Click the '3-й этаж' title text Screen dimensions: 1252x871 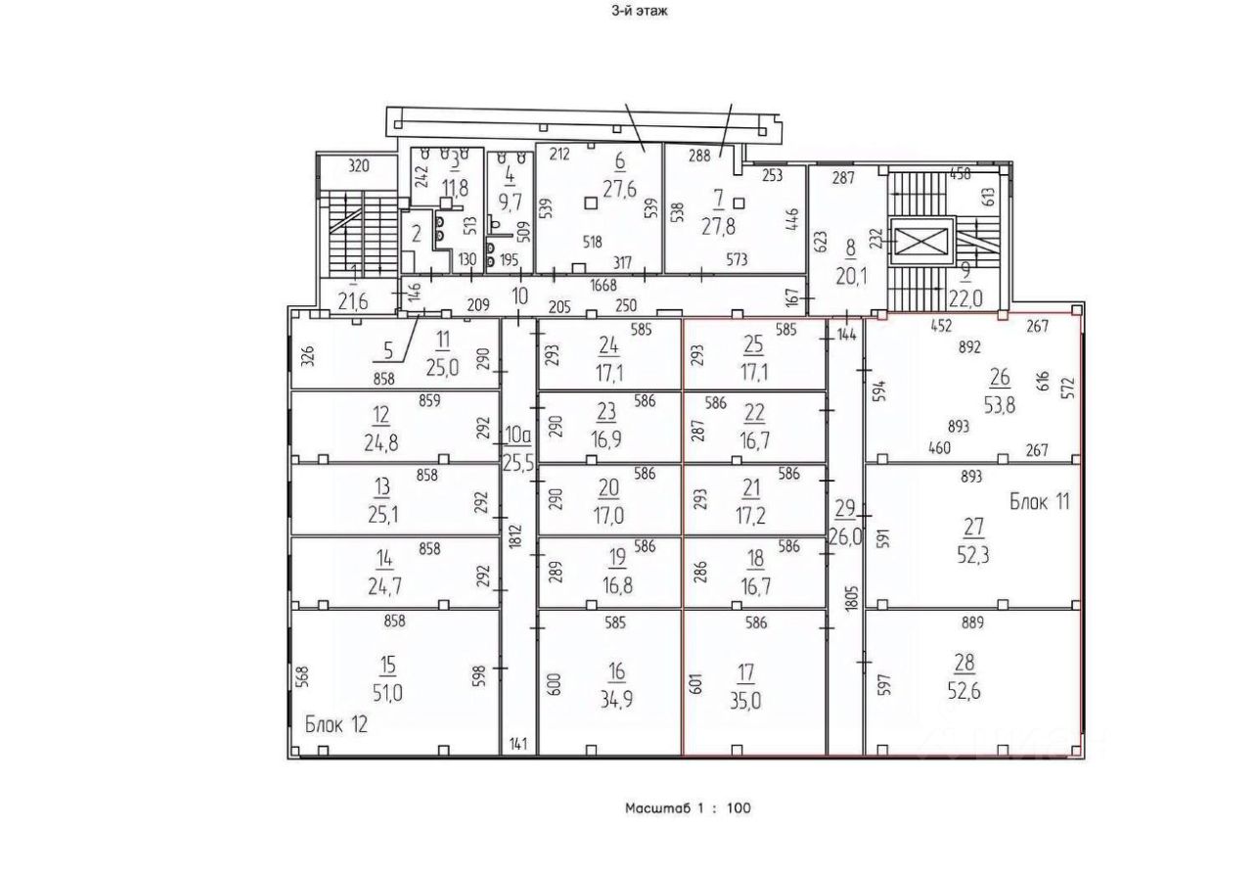[640, 11]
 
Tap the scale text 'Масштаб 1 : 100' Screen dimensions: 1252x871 [688, 807]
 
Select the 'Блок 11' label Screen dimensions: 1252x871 [1040, 501]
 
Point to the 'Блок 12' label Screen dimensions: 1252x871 [335, 724]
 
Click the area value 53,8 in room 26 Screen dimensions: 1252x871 [1000, 405]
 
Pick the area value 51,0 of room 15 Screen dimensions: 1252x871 [387, 694]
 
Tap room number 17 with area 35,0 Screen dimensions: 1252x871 [745, 673]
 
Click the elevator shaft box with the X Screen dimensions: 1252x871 [921, 242]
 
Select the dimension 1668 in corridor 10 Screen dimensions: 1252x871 [604, 285]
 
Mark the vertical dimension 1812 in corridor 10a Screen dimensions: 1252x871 [515, 535]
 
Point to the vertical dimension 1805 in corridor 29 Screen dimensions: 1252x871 [851, 598]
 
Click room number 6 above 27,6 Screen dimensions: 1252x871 [620, 161]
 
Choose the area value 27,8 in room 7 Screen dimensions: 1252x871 [718, 227]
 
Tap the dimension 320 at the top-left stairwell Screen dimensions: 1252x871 [359, 166]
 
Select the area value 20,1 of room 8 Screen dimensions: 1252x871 [851, 276]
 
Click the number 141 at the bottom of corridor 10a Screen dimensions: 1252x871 [518, 744]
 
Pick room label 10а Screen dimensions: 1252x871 [517, 435]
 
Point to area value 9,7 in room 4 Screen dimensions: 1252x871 [510, 202]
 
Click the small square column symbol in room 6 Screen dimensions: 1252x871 [590, 203]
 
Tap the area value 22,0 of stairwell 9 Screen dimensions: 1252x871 [965, 299]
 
